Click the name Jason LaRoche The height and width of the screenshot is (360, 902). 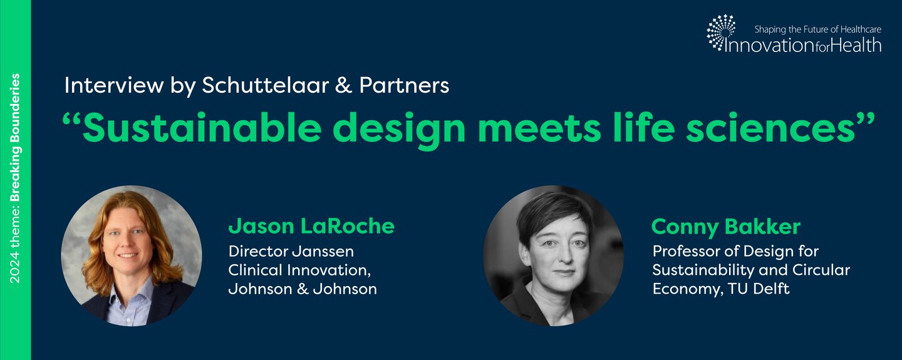[x=311, y=226]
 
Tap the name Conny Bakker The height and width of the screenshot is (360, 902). [x=725, y=227]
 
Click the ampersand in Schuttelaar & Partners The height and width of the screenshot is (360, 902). [x=343, y=86]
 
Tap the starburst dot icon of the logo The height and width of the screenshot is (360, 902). [x=721, y=32]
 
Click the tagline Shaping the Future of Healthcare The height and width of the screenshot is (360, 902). [x=818, y=29]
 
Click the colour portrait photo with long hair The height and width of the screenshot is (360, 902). [x=132, y=255]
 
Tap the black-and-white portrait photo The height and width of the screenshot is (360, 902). [x=553, y=255]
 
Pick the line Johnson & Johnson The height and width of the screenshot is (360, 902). [x=303, y=289]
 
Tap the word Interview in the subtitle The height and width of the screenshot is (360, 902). [x=114, y=85]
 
